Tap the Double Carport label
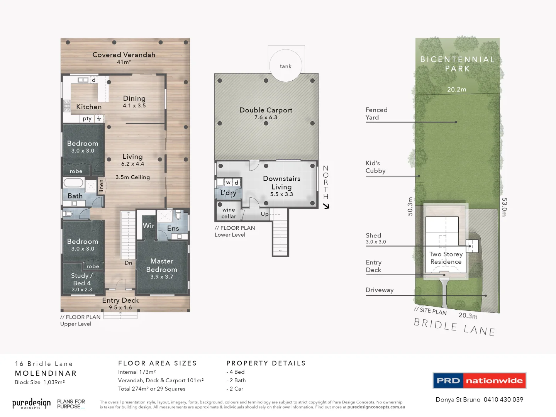point(266,110)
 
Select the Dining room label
point(134,99)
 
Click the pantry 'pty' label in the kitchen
point(87,119)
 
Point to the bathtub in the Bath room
point(73,183)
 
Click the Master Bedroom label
point(162,266)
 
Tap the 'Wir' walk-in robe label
point(148,226)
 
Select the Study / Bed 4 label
point(82,279)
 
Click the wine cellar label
point(229,213)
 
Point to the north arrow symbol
point(326,206)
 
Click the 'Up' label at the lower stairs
point(264,214)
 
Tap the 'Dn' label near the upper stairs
point(128,263)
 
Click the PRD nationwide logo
point(480,381)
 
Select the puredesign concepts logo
point(31,403)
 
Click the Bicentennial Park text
point(458,64)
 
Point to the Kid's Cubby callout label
point(375,167)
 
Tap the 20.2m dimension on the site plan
point(456,90)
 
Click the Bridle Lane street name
point(454,327)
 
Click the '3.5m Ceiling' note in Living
point(132,177)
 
